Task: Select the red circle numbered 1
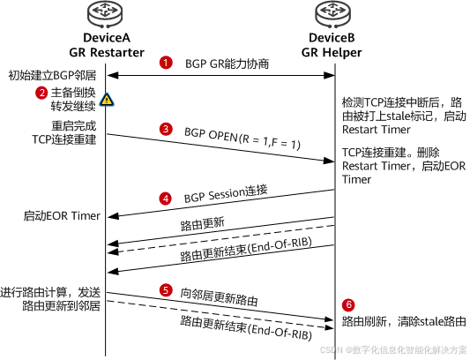[x=165, y=64]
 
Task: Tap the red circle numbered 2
[x=41, y=93]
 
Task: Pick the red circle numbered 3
[x=165, y=129]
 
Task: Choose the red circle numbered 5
[x=165, y=289]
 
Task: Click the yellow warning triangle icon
[x=106, y=100]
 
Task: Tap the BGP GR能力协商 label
[x=227, y=64]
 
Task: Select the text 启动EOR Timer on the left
[x=62, y=216]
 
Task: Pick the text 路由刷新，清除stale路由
[x=401, y=320]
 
